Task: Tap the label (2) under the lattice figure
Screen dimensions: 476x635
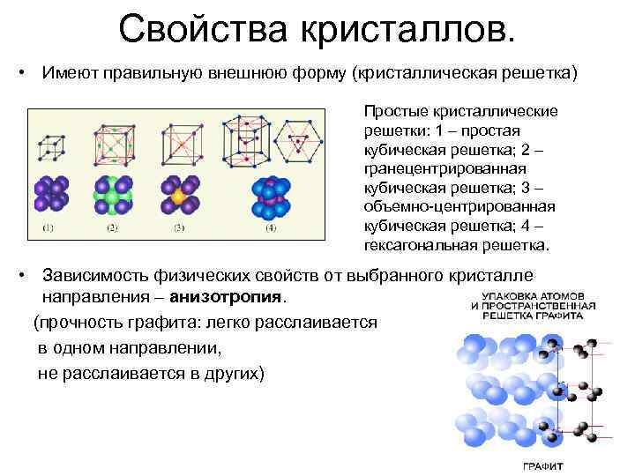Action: tap(112, 228)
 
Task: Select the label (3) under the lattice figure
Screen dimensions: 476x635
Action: tap(178, 228)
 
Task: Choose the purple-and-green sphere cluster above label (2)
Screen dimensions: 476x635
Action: tap(112, 195)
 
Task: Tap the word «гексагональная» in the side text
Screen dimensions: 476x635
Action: tap(420, 244)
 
